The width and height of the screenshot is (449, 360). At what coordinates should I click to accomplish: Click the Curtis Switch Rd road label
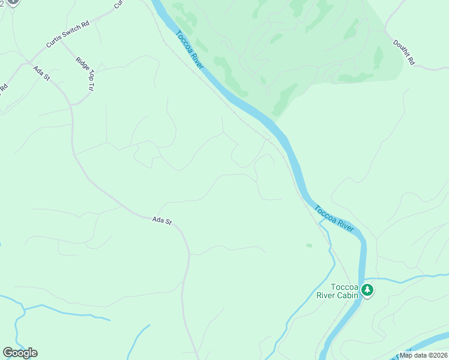click(68, 35)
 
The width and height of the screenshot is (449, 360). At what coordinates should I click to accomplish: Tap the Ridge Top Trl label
click(86, 74)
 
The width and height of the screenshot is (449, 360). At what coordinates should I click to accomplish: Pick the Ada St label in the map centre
click(162, 221)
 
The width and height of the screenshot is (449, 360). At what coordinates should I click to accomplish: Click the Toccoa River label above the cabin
click(334, 218)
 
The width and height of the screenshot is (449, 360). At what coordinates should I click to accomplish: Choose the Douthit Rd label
click(404, 52)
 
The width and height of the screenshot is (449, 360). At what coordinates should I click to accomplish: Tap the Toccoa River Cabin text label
click(337, 291)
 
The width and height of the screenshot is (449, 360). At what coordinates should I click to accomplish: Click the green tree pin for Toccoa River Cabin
click(367, 290)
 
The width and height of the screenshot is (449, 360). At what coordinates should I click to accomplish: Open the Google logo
click(20, 352)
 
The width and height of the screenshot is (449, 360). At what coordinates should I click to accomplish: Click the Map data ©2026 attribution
click(423, 355)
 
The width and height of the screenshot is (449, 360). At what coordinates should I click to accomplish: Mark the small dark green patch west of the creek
click(309, 245)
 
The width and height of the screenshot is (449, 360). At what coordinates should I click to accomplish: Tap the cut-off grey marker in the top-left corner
click(13, 2)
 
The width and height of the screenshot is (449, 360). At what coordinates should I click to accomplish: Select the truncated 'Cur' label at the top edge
click(118, 4)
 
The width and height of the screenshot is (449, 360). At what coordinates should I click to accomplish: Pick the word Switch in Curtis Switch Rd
click(70, 34)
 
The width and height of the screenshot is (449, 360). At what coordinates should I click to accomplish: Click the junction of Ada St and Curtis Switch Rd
click(29, 62)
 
